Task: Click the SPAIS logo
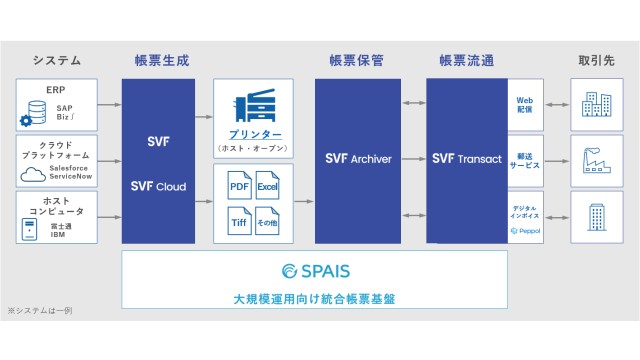click(315, 270)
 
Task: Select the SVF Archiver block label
click(358, 158)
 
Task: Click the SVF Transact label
click(467, 158)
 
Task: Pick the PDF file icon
click(237, 186)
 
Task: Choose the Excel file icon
click(267, 186)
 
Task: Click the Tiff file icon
click(237, 220)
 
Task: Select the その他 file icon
click(267, 220)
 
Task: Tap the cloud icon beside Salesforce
click(31, 173)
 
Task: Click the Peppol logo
click(526, 230)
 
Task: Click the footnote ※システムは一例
click(40, 311)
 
